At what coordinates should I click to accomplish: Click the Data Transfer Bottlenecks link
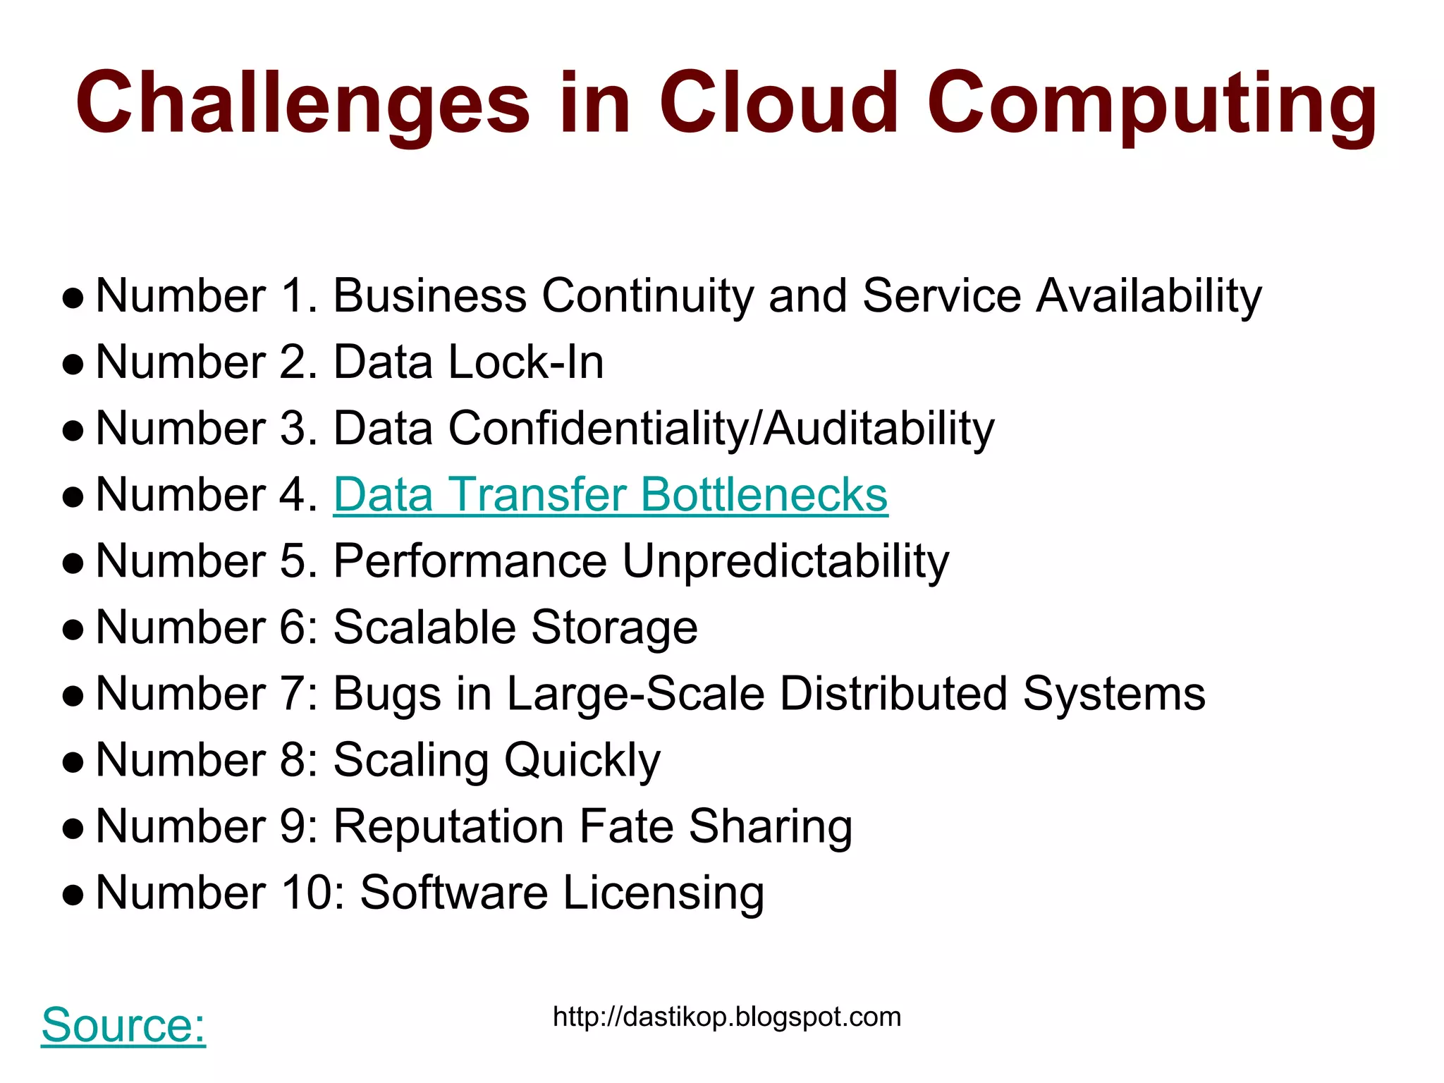611,495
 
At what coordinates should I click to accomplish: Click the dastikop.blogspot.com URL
727,1017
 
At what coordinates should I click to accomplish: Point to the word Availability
1149,296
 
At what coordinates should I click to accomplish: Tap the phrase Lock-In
526,362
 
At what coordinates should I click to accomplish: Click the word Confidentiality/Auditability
721,429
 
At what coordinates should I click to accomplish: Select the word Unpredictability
785,562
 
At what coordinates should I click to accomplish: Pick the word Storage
614,628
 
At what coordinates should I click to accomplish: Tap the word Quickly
582,761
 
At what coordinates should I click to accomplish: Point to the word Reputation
448,827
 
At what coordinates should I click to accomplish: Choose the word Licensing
663,893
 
